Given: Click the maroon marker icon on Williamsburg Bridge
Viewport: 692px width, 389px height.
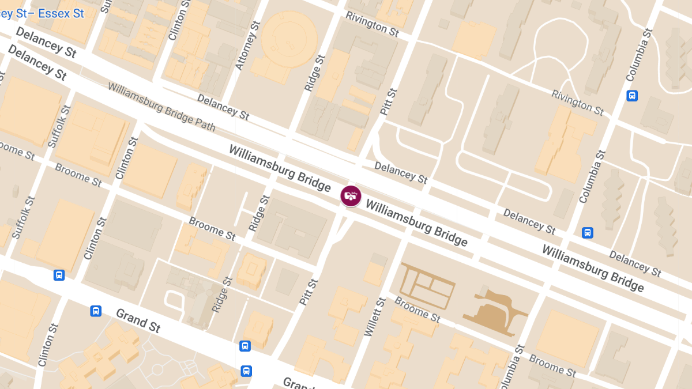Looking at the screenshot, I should (351, 196).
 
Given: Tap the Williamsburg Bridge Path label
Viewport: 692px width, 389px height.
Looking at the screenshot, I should (161, 107).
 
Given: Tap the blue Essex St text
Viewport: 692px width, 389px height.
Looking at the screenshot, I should (61, 13).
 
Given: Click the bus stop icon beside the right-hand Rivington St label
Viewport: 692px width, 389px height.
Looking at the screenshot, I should (632, 96).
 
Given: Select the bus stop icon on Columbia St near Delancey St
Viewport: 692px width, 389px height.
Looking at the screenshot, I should (588, 233).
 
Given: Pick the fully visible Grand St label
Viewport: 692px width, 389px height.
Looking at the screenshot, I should (138, 320).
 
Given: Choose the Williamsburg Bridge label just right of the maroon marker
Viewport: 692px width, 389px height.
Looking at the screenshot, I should (416, 222).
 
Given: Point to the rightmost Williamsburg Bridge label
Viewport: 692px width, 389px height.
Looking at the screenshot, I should (592, 268).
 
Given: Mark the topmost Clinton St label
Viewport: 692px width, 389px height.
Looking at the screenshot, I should (177, 20).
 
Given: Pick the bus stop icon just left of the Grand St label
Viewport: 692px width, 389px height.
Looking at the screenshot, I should (96, 311).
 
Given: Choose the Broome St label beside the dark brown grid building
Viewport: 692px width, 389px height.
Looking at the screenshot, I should (418, 309).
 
